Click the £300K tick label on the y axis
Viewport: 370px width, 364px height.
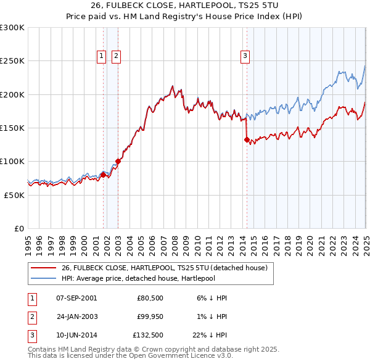(12, 28)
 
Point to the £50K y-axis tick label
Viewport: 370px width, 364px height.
(14, 195)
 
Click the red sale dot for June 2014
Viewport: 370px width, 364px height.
(247, 140)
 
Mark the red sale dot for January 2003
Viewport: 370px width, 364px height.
(118, 162)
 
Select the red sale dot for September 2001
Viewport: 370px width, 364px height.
(103, 175)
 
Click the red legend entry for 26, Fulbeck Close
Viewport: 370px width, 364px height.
(164, 268)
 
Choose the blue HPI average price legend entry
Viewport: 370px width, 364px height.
(145, 279)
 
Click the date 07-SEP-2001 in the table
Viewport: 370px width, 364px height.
(76, 298)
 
